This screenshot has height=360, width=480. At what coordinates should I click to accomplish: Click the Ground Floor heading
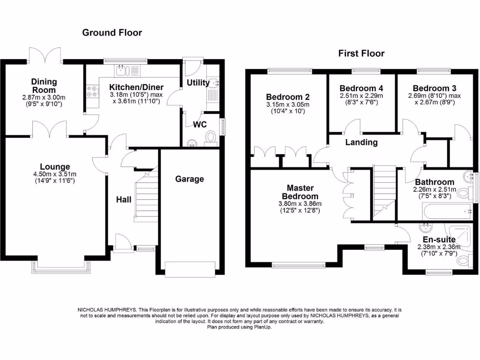coord(112,32)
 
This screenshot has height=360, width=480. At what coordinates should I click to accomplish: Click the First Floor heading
coord(361,53)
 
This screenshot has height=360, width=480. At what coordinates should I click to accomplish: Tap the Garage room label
coord(190,179)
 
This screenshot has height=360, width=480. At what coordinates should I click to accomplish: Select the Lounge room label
coord(55,166)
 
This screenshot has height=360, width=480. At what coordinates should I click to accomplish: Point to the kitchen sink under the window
coord(123,71)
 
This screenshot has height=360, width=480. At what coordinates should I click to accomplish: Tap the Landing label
coord(361,142)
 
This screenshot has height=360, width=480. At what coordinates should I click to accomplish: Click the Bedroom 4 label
coord(358,88)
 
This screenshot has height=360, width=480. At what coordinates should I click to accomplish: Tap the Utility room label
coord(198,83)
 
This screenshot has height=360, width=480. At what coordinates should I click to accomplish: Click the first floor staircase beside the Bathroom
coord(385,187)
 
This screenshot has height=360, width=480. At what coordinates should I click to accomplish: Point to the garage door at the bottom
coord(190,267)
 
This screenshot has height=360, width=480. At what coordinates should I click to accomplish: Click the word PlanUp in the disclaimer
coord(262,327)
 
